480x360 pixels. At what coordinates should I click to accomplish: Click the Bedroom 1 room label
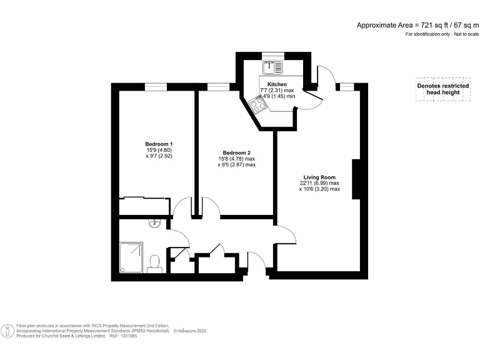pos(159,144)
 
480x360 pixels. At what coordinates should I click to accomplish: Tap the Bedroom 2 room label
pos(236,153)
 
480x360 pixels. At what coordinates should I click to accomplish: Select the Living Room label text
pos(319,177)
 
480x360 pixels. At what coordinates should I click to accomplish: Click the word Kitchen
pos(277,84)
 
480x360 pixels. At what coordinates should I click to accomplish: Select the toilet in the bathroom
pos(154,263)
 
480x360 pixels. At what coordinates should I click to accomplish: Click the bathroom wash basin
pos(154,223)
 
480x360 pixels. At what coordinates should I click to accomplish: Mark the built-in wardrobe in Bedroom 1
pos(143,200)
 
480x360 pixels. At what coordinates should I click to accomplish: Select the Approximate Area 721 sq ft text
pos(416,25)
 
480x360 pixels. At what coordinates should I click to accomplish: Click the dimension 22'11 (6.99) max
pos(319,182)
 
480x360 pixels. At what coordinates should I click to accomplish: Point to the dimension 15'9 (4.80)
pos(159,150)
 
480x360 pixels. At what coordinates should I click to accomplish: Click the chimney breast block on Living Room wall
pos(356,179)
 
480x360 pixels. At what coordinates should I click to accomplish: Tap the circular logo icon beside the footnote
pos(8,330)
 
